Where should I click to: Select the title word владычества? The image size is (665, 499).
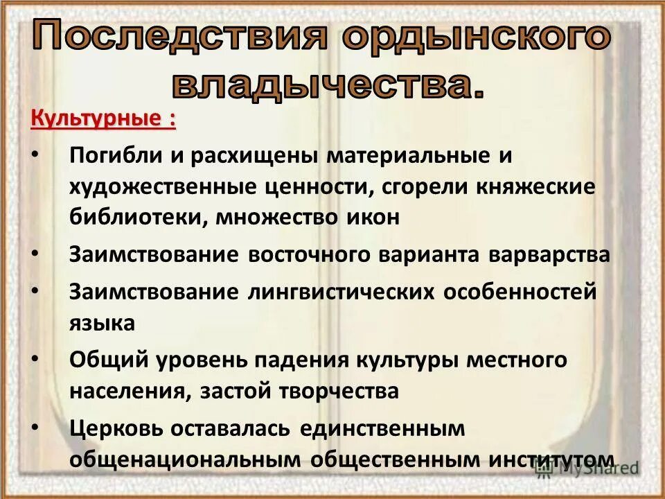tap(326, 85)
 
